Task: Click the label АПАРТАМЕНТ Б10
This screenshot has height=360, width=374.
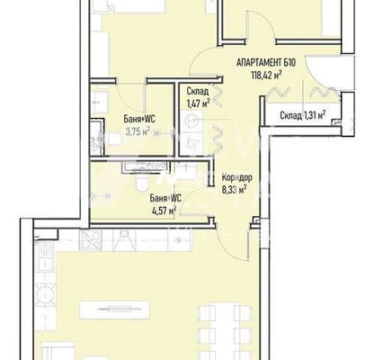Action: pos(266,63)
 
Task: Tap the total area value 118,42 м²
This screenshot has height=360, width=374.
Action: pos(266,75)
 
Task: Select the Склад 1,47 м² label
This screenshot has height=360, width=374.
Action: pos(198,97)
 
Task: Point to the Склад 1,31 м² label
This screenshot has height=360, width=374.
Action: pos(303,115)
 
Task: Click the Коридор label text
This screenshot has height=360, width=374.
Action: pos(236,177)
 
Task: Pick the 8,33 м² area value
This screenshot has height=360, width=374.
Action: pos(234,190)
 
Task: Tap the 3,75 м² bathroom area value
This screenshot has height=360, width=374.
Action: pos(138,131)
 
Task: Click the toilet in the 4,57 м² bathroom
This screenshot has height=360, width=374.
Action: pos(142,183)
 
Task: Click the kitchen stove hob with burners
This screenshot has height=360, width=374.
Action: pos(90,240)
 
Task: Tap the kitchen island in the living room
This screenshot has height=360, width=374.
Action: pos(115,310)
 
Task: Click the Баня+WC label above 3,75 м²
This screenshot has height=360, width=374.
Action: pos(139,120)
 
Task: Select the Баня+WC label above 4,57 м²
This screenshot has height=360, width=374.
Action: pos(165,198)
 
